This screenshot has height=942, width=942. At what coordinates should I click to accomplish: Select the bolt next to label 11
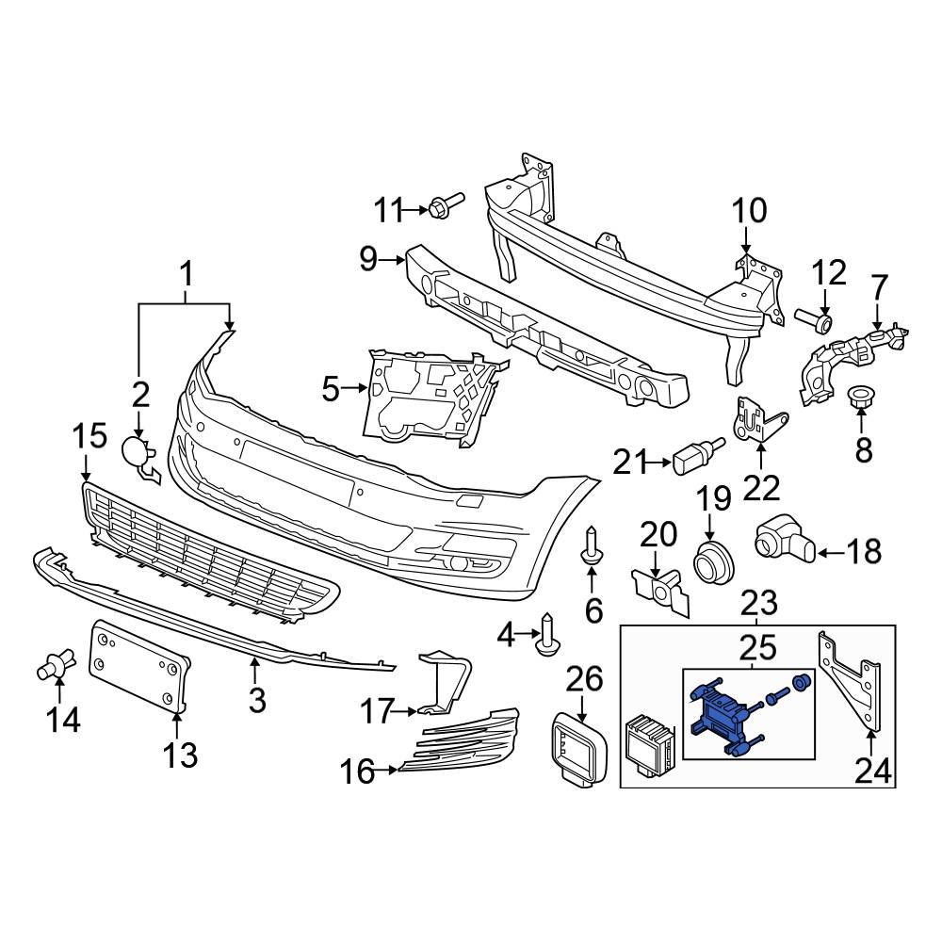445,204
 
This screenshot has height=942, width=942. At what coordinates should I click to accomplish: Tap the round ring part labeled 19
714,563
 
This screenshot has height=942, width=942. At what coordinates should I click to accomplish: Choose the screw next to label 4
548,635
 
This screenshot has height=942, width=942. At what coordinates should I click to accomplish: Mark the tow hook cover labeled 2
137,453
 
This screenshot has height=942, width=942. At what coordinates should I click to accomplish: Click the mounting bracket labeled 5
429,396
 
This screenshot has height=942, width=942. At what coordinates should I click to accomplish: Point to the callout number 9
367,257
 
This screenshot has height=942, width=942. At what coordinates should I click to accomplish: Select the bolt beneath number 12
816,321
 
